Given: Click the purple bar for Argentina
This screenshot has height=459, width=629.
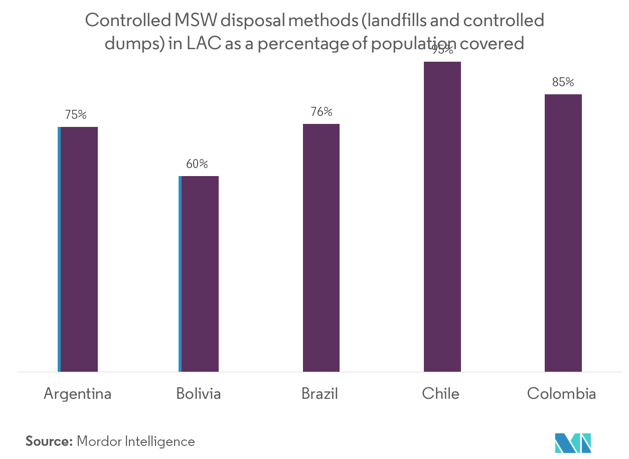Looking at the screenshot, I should tap(79, 249).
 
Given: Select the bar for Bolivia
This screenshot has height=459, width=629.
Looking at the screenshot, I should tap(200, 274).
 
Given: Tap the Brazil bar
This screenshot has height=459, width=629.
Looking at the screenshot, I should tap(321, 248).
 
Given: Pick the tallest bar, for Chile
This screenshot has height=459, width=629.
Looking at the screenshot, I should tap(442, 217).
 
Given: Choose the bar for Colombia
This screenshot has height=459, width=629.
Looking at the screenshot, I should tap(563, 233).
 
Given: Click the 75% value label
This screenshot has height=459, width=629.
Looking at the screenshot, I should tap(75, 115).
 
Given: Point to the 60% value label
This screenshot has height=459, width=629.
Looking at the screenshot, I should tap(197, 164).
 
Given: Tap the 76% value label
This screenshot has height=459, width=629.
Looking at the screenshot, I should tap(321, 112).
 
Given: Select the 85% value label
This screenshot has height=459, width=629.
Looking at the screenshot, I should tap(563, 82).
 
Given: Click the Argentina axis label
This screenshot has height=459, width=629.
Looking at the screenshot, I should tap(77, 394).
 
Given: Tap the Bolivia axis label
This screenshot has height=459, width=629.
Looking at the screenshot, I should tap(198, 394).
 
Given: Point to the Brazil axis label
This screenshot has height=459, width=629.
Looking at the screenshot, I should tap(320, 394).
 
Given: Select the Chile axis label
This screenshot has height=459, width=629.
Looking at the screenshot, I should tap(440, 394).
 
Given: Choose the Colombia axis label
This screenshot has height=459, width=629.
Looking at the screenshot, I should tap(561, 394).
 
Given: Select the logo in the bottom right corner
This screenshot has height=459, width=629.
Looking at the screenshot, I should tap(573, 444).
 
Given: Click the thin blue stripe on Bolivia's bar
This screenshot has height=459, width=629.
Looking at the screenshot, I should tap(180, 274).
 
